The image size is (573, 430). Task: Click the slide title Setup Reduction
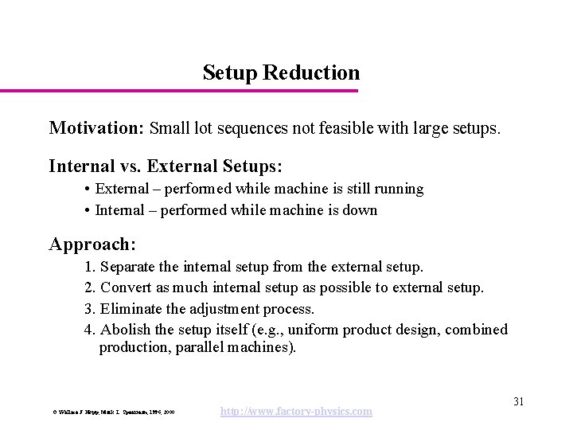(281, 73)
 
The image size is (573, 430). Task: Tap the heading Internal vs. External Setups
(166, 166)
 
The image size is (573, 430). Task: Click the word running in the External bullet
(397, 189)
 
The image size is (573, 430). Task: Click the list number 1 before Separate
(88, 266)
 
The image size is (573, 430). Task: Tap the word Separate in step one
(128, 266)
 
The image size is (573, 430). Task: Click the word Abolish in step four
(126, 330)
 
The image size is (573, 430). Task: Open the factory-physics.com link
(295, 411)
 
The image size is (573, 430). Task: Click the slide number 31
(518, 401)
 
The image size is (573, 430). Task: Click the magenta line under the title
(179, 91)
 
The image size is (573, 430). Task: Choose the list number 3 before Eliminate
(88, 309)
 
